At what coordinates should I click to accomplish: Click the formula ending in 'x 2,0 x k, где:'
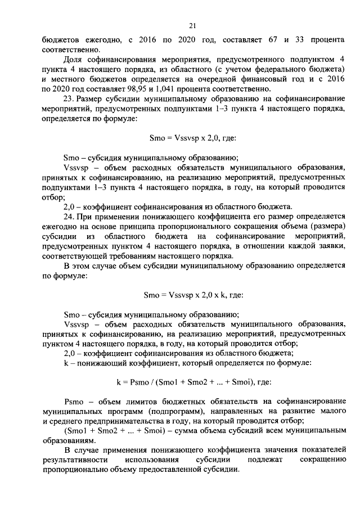pos(193,293)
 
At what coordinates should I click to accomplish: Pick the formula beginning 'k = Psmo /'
pos(193,382)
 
